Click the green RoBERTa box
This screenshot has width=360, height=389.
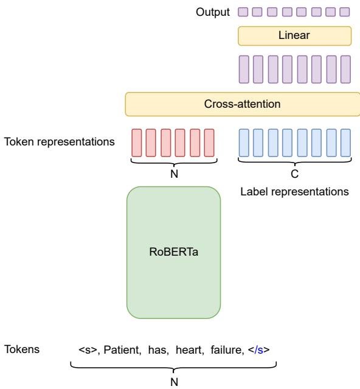173,253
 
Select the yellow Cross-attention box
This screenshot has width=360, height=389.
242,104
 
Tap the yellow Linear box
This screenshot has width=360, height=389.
294,36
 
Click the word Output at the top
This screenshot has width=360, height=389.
213,12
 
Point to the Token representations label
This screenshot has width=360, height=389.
60,142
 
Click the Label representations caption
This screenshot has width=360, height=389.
295,192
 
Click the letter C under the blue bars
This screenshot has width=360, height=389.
295,173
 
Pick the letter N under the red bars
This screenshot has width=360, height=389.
173,173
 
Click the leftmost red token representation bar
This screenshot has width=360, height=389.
137,142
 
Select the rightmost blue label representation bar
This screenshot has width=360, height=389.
346,142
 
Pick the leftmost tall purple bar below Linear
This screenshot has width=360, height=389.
243,68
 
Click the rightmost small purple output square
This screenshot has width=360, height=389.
346,12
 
